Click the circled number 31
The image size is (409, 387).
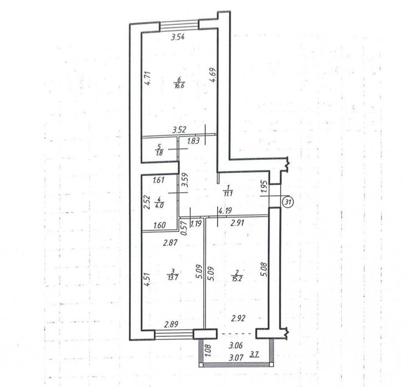(288, 202)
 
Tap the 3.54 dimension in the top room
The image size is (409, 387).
(178, 37)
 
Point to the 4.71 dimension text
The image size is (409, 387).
(147, 78)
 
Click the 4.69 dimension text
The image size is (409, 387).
(213, 75)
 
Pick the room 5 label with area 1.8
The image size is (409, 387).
(159, 150)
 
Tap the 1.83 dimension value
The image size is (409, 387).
(194, 141)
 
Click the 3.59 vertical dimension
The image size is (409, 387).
(185, 180)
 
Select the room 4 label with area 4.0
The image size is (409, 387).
(159, 202)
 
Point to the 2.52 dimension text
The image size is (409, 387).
(147, 203)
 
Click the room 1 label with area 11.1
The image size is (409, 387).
(228, 190)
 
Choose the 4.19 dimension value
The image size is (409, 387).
(225, 210)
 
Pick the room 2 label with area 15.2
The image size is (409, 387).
(237, 275)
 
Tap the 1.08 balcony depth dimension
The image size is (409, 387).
(208, 351)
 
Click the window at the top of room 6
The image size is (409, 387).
(179, 26)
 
